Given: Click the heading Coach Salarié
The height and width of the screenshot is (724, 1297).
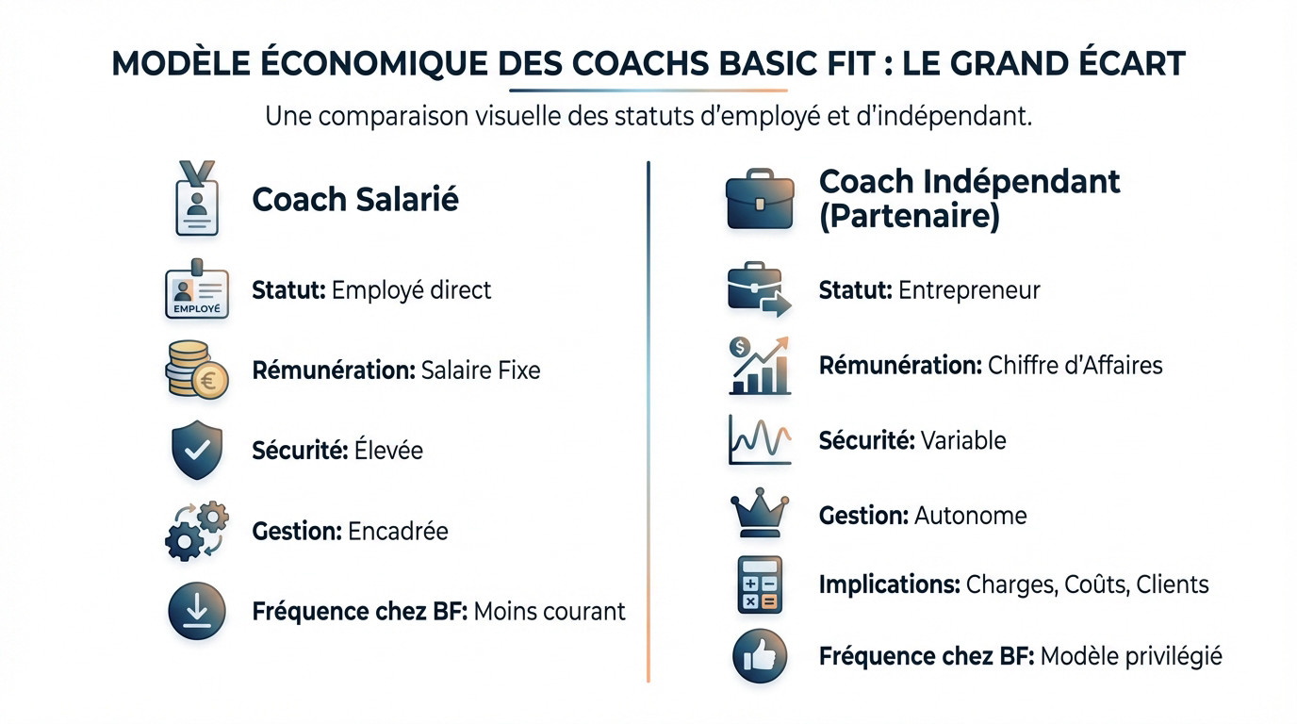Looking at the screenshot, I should coord(355,200).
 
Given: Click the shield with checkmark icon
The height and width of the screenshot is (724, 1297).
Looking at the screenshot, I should coord(197,451).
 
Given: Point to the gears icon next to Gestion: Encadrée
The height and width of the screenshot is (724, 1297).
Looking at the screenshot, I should coord(197,531).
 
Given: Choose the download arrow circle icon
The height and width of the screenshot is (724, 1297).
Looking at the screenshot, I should coord(197,611).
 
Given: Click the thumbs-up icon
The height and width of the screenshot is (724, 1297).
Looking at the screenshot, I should coord(760,656).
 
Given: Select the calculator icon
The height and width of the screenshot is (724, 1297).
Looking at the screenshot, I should coord(760,584).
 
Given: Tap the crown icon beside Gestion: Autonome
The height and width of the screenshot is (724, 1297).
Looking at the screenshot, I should coord(760,515).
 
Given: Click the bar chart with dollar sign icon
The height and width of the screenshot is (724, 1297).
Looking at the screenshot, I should coord(760,366).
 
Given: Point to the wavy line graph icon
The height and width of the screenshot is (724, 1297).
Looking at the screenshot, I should coord(760,440).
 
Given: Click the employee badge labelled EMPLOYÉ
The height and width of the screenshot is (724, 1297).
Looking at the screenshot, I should coord(197,290).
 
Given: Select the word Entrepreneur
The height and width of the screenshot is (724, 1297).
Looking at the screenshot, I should coord(969,289).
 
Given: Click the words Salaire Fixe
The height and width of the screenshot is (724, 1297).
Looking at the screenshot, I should coord(481,370).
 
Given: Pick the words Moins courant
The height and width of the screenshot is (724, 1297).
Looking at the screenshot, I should coord(550,611).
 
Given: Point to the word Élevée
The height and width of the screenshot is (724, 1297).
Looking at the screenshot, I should coord(388,451).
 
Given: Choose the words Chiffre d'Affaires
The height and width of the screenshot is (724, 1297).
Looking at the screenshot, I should coord(1075,365).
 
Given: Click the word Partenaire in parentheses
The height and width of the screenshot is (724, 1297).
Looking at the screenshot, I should coord(910,217).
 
